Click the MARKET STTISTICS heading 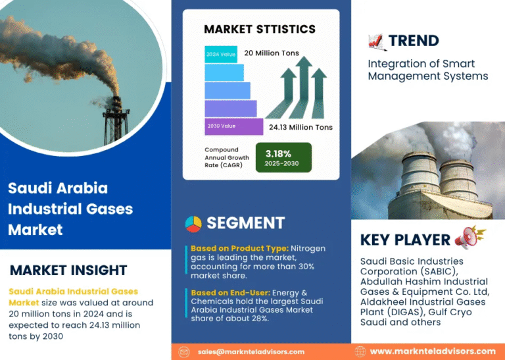(260, 29)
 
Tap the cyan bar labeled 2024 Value (220, 54)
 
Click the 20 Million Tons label (271, 53)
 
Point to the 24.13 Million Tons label (301, 127)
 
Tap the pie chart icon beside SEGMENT (193, 223)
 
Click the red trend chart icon (375, 41)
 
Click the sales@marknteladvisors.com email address (251, 351)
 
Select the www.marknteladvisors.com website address (433, 351)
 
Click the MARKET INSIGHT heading (68, 270)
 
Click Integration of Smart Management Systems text (427, 70)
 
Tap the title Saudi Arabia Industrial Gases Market (70, 209)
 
